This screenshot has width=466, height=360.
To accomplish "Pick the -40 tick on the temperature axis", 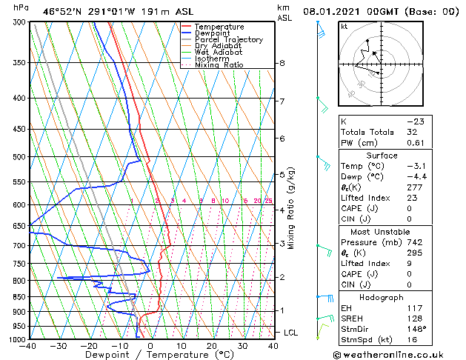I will pos(28,346).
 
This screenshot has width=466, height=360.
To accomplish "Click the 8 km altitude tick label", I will pos(282,64).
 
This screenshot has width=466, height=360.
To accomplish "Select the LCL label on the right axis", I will pos(290,333).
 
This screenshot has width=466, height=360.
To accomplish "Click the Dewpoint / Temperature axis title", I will pos(150,355).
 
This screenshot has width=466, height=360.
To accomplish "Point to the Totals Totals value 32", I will pos(411,132).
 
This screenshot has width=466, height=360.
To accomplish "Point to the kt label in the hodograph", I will pos(344,27).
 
